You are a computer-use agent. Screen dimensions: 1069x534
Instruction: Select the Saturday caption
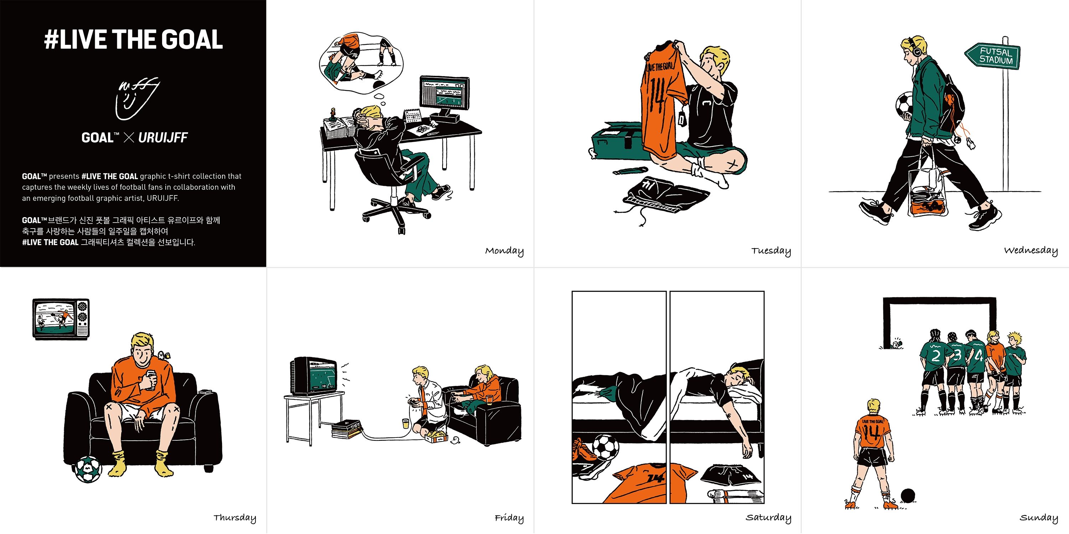point(768,517)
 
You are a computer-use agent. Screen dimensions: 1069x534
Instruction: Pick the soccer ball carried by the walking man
point(904,106)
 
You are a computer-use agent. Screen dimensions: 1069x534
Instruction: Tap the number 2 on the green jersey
point(936,357)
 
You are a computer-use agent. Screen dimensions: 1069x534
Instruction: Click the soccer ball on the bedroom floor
point(605,448)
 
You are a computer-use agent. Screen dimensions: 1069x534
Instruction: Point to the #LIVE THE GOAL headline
point(133,40)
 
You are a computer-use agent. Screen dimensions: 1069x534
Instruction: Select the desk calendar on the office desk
point(412,116)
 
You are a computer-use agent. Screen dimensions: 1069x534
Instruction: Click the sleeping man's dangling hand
point(747,450)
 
